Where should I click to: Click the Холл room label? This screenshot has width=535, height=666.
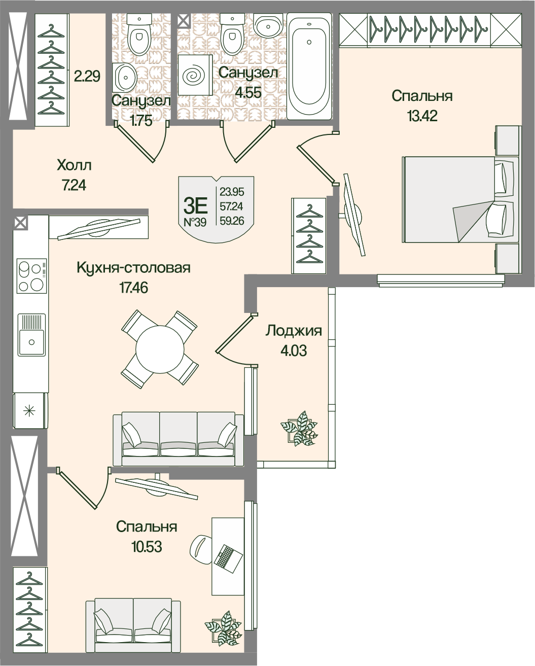[74, 165]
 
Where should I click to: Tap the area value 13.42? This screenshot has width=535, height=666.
[422, 116]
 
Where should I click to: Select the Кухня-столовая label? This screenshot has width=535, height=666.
[134, 268]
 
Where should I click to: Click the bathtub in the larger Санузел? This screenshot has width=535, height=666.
[309, 66]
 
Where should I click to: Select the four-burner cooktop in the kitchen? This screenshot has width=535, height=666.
[32, 276]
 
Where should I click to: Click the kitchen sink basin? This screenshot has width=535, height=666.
[31, 335]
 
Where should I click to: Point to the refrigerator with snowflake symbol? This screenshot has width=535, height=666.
[30, 411]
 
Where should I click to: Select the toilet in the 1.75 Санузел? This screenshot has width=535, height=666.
[138, 33]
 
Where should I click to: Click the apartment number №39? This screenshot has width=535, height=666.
[195, 222]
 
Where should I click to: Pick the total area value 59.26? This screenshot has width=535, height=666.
[232, 221]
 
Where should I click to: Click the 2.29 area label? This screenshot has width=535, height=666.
[87, 76]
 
